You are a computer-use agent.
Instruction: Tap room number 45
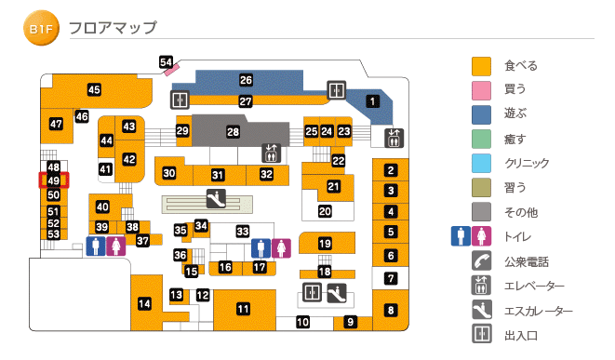[94, 90]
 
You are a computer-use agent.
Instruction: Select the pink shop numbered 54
[167, 63]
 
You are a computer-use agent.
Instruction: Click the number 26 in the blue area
[246, 81]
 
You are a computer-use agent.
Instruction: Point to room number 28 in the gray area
[234, 133]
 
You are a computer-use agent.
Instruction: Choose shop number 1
[373, 101]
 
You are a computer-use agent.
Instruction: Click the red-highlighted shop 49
[53, 180]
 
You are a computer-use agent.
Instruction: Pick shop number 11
[243, 310]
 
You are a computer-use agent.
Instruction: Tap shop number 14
[144, 303]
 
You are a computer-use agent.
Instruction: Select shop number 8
[392, 311]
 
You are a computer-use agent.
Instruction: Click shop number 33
[243, 231]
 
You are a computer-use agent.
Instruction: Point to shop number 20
[325, 211]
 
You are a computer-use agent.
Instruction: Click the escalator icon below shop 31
[215, 197]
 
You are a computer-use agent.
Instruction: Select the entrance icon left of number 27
[180, 100]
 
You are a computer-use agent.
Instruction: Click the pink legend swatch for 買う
[481, 90]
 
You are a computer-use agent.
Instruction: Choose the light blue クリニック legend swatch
[481, 164]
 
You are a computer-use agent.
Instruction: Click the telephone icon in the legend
[481, 261]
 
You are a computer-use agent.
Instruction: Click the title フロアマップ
[113, 29]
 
